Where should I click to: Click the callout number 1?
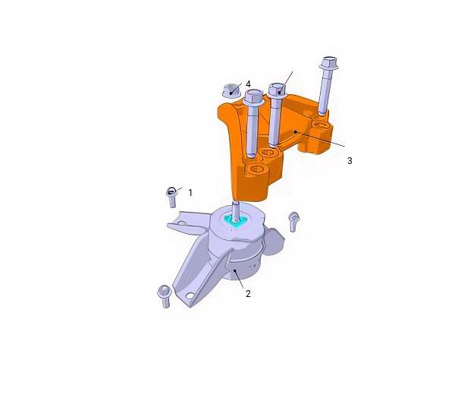(190, 192)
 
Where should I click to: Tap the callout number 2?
(248, 294)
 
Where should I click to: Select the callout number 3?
(350, 160)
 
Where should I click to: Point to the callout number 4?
(248, 84)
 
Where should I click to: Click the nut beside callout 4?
(231, 90)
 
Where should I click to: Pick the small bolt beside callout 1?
(171, 197)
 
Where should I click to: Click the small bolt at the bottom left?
(165, 296)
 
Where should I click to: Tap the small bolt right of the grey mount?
(294, 222)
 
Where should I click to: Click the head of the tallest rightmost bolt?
(329, 63)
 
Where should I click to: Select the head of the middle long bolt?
(277, 90)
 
